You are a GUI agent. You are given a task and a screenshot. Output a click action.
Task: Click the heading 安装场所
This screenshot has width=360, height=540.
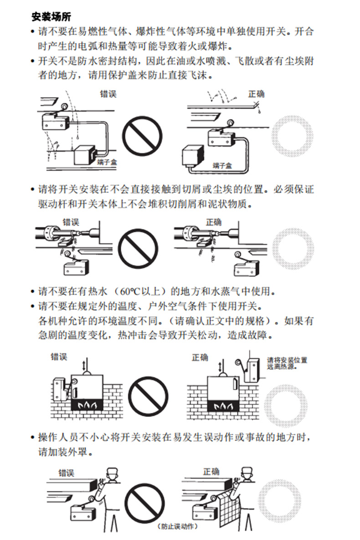click(51, 16)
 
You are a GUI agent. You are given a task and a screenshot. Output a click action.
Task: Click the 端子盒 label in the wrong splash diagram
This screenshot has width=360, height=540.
click(107, 162)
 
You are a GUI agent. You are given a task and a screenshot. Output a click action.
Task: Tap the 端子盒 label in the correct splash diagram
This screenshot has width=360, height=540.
click(222, 166)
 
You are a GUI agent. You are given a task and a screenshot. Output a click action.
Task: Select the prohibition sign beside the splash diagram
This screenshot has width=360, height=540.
click(142, 136)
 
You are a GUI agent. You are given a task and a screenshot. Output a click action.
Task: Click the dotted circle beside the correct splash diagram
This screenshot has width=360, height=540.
click(293, 136)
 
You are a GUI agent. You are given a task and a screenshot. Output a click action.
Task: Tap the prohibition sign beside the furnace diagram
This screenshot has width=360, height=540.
click(149, 396)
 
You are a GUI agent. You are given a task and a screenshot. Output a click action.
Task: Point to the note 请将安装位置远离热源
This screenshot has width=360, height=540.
click(287, 363)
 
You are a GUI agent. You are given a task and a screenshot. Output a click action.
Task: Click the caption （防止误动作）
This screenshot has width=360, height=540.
click(178, 527)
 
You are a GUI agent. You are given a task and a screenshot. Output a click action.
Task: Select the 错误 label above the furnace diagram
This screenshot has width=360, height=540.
click(59, 356)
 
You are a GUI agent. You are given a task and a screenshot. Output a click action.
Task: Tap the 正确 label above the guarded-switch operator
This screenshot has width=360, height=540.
click(211, 471)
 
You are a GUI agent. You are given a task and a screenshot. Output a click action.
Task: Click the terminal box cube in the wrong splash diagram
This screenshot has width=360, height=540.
click(85, 154)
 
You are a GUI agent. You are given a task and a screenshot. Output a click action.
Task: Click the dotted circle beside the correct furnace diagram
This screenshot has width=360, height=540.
click(286, 406)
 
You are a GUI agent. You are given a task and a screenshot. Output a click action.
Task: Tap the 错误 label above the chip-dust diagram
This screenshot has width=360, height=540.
click(71, 222)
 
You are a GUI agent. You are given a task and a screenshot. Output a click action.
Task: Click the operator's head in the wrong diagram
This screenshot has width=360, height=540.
click(113, 476)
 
